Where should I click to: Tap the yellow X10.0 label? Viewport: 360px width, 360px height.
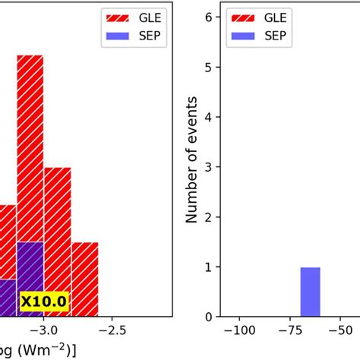tap(43, 302)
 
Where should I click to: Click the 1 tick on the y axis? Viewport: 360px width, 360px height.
tap(209, 267)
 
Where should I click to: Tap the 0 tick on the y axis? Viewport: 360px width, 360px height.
tap(209, 316)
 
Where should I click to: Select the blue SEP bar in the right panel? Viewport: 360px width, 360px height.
tap(310, 292)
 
